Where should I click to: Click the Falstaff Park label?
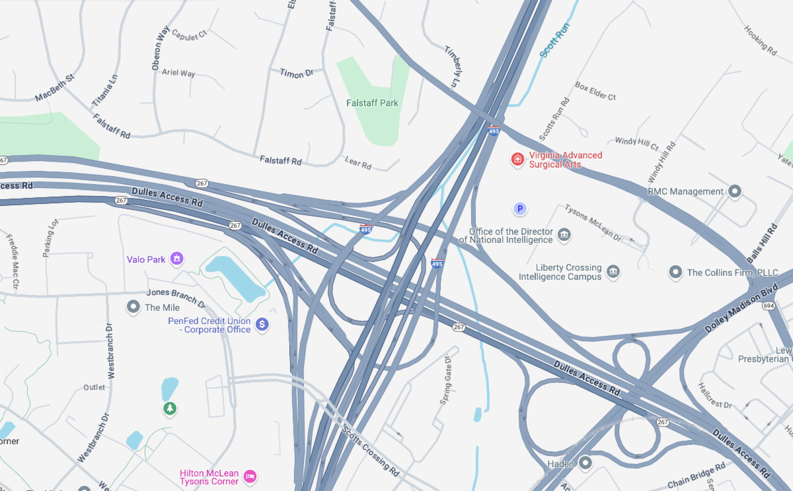372,103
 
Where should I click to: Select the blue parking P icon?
520,209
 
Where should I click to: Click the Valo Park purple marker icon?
176,258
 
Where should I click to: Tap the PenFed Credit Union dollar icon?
262,324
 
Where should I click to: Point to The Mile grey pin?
133,306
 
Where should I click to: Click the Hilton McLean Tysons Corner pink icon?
249,476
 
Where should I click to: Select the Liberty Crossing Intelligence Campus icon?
613,271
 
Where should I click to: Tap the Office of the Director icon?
564,235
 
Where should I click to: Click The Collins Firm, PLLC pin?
675,272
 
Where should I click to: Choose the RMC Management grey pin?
734,192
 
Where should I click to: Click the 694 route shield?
768,306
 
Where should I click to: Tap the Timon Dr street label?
296,73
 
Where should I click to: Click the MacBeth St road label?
55,88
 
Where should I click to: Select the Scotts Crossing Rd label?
371,451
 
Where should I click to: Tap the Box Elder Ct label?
595,91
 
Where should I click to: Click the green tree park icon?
170,409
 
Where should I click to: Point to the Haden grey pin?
585,463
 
